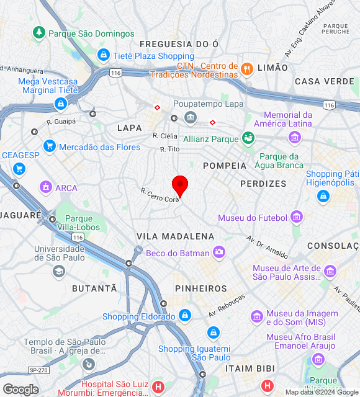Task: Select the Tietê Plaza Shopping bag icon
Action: coord(103,56)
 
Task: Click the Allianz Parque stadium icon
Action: coord(248,138)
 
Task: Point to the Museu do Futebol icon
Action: coord(297,218)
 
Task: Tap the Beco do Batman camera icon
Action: coord(218,252)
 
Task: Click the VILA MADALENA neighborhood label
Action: coord(175,236)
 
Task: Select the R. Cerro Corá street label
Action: coord(160,195)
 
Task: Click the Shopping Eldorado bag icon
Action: coord(184,316)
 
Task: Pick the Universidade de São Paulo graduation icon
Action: coord(59,271)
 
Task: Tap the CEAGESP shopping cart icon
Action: coord(19,168)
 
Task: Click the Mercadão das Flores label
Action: coord(99,147)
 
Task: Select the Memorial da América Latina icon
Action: coord(294,136)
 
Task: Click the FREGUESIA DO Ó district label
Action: coord(179,44)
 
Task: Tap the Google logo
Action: coord(20,389)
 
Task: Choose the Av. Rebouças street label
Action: coord(227,306)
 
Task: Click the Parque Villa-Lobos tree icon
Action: coord(52,219)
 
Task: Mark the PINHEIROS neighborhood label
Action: coord(200,288)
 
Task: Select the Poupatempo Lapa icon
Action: coord(190,117)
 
